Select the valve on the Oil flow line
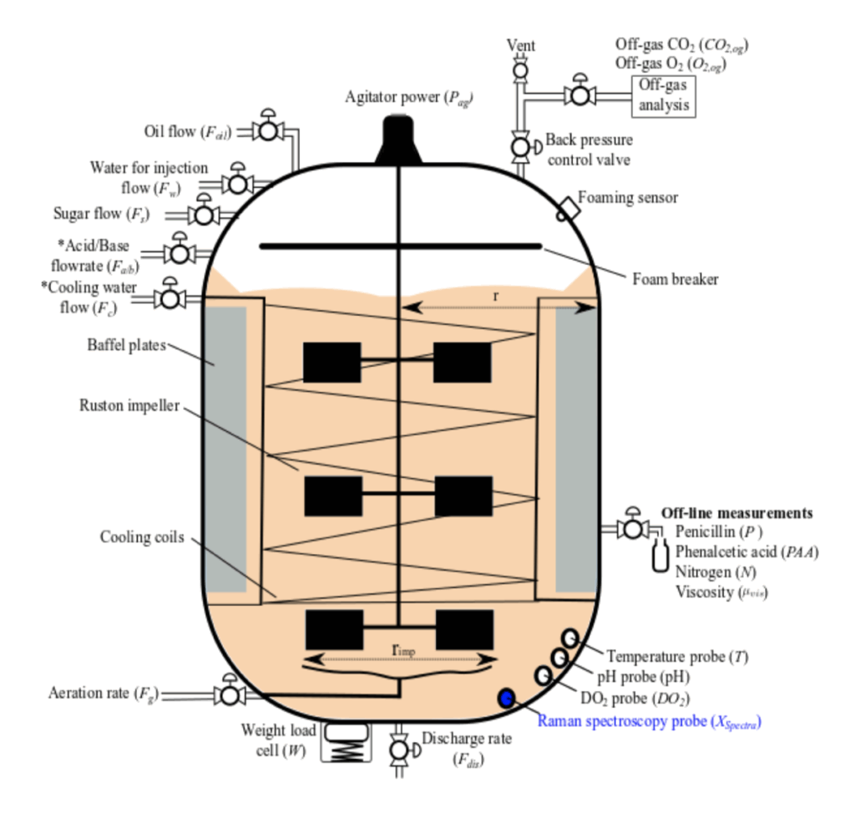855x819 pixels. pyautogui.click(x=268, y=131)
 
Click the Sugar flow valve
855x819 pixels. pyautogui.click(x=203, y=215)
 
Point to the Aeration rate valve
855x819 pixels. pyautogui.click(x=228, y=694)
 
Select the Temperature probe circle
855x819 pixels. pyautogui.click(x=569, y=638)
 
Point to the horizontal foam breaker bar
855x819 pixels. pyautogui.click(x=400, y=246)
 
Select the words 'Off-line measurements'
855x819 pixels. pyautogui.click(x=737, y=512)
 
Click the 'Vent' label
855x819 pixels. pyautogui.click(x=521, y=45)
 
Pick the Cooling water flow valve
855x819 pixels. pyautogui.click(x=171, y=298)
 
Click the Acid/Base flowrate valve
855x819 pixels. pyautogui.click(x=180, y=252)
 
